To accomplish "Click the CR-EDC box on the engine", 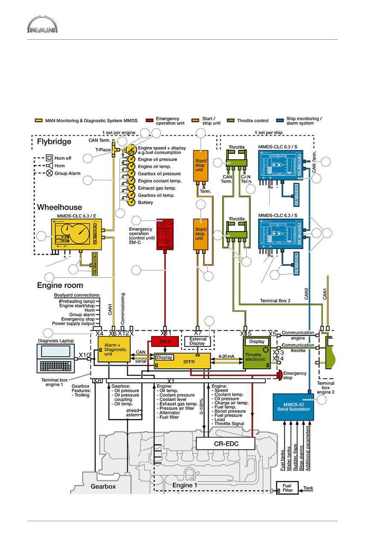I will [225, 443].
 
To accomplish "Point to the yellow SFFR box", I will [183, 361].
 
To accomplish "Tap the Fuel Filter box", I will [288, 487].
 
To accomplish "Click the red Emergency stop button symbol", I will [279, 376].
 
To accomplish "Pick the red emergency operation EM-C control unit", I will [164, 235].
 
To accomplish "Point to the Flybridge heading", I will [54, 141].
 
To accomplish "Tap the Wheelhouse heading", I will [59, 207].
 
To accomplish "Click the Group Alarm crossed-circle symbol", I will [49, 173].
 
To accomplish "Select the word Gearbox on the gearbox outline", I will [103, 486].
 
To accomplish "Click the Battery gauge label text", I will [145, 203].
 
